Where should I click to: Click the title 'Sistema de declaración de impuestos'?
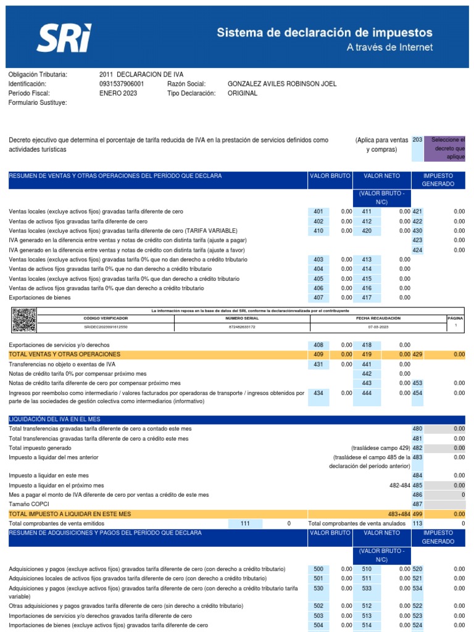(x=324, y=33)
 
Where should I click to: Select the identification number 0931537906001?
(x=122, y=84)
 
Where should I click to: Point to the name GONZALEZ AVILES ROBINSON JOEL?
(x=282, y=84)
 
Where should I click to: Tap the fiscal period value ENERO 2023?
(x=118, y=93)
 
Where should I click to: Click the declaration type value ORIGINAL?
(x=243, y=93)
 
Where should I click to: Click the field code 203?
(x=417, y=140)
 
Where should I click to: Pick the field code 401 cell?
(x=318, y=212)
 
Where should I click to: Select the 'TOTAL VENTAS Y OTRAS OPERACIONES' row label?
(x=65, y=354)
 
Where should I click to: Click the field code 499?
(x=417, y=513)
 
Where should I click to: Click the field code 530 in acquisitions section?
(x=318, y=589)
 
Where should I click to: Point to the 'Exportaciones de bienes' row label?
(x=39, y=297)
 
